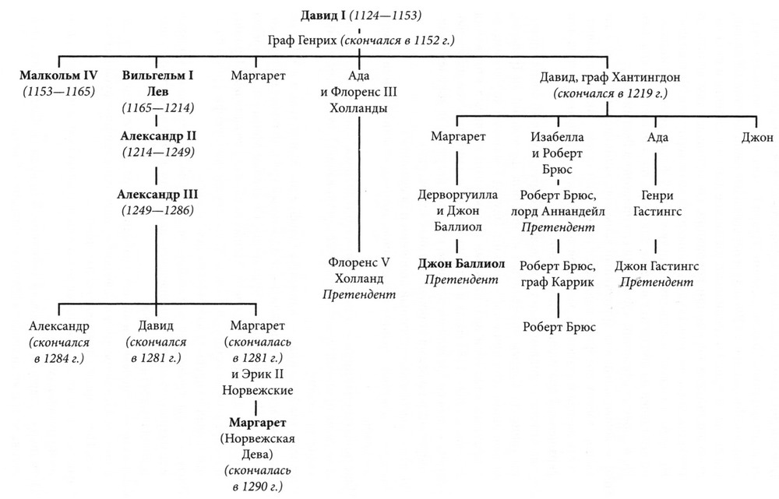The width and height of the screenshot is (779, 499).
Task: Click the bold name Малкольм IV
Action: (58, 76)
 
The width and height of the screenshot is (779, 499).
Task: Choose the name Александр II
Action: (157, 135)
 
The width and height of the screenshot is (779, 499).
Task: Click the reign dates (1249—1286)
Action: (158, 210)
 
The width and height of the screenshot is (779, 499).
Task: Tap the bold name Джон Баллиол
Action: (460, 262)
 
